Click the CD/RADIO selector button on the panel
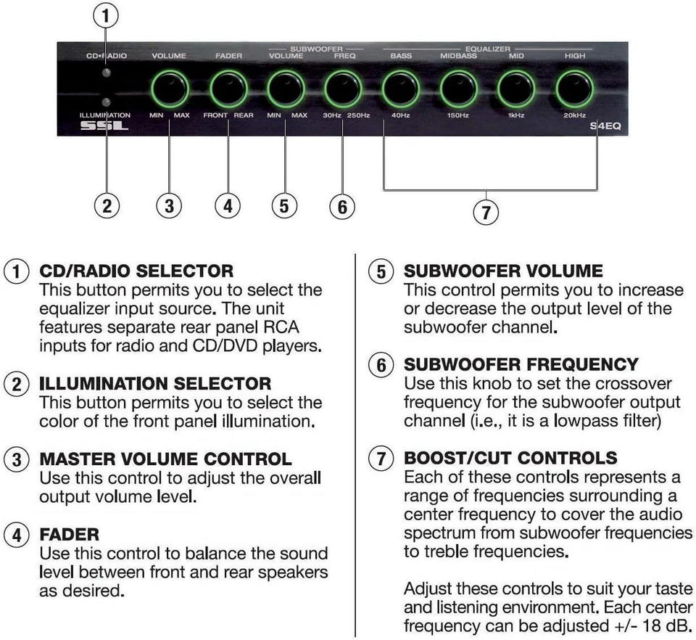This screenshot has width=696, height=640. tap(107, 73)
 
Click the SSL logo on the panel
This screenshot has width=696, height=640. tap(105, 126)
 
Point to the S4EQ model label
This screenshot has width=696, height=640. tap(604, 126)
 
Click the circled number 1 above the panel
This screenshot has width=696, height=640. tap(107, 15)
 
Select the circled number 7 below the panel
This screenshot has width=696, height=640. tap(486, 213)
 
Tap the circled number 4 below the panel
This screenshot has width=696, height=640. tap(228, 206)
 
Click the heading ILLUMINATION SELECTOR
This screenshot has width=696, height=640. tap(155, 383)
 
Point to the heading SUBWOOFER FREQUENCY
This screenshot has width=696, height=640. tap(521, 364)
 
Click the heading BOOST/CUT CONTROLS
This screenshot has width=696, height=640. tap(510, 458)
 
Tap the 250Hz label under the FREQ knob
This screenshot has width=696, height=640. tap(358, 115)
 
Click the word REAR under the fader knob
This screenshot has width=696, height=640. tap(244, 115)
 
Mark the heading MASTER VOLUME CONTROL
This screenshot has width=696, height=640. tap(165, 459)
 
